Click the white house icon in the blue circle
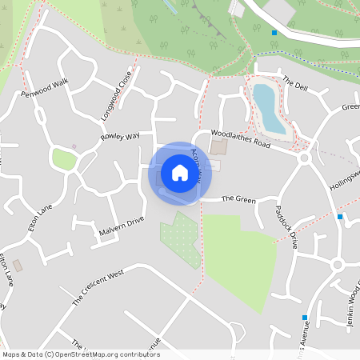(180, 173)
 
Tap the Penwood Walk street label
(45, 89)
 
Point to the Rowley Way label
(120, 137)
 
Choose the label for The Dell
(294, 82)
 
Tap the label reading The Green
(238, 198)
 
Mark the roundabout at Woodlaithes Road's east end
(304, 158)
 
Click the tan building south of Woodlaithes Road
(218, 148)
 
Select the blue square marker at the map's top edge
(274, 33)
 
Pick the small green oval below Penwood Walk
(64, 159)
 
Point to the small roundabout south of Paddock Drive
(337, 265)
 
